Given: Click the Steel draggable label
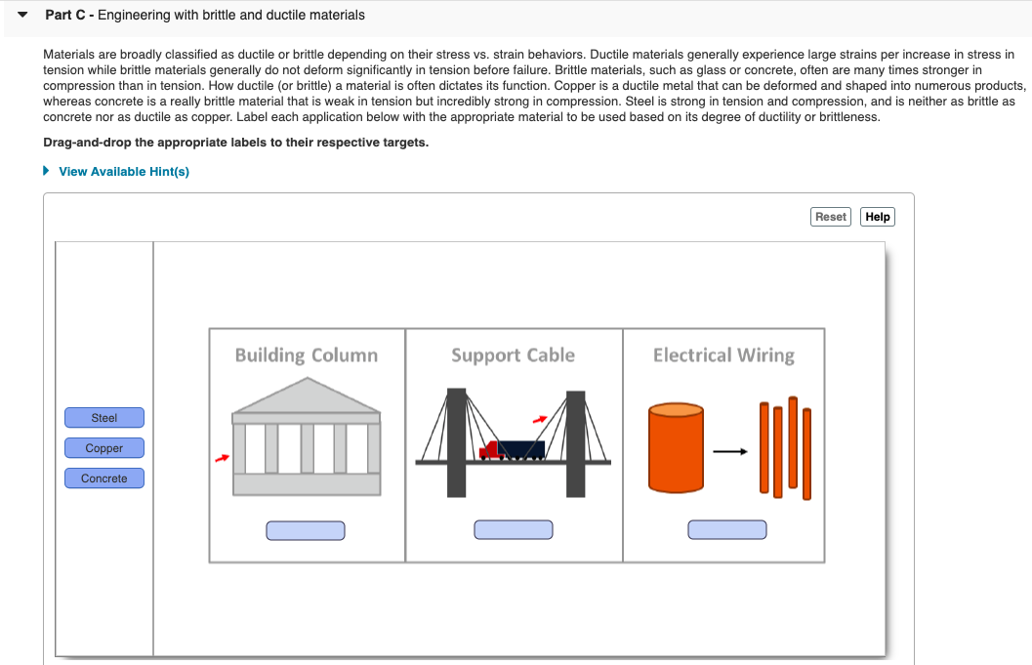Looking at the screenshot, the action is tap(104, 417).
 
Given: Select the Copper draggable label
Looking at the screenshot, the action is tap(104, 447).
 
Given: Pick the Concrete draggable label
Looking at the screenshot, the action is tap(104, 478).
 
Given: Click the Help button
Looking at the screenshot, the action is tap(878, 217).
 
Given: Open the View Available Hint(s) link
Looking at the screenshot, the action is tap(124, 171).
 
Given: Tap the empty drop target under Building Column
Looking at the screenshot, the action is tap(306, 530).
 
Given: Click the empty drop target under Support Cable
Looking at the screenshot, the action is tap(514, 529).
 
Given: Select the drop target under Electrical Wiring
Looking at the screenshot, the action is tap(727, 529).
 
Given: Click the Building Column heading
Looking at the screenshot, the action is tap(307, 355).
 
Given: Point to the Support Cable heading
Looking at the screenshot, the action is tap(514, 355).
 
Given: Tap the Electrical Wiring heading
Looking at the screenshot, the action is tap(724, 355).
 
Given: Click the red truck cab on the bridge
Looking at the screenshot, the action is tap(490, 451).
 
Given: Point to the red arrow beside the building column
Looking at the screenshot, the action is tap(223, 458).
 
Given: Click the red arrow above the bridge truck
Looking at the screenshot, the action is tap(540, 419).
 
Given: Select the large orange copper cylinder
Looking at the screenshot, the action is tap(676, 447).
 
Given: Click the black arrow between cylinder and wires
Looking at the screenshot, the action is tap(730, 452).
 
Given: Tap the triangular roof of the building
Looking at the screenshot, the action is tap(307, 396).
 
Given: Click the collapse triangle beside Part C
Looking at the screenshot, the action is tap(23, 15).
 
